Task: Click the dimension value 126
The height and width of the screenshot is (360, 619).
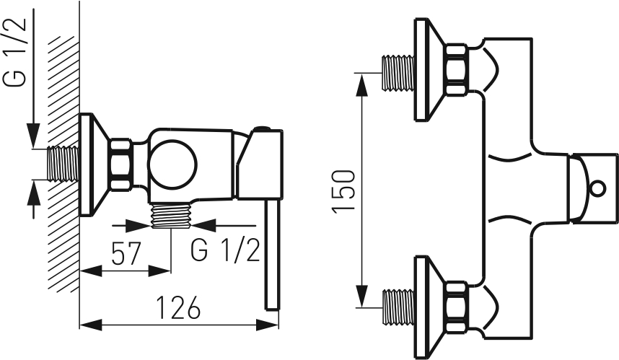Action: coord(177,309)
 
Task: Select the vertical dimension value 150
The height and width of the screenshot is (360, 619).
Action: coord(344,190)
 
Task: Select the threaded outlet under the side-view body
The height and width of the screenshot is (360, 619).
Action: coord(171,215)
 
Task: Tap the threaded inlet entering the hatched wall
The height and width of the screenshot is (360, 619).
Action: coord(62,164)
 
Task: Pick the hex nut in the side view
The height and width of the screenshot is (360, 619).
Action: coord(120,164)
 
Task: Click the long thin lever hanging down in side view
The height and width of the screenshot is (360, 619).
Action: coord(271,256)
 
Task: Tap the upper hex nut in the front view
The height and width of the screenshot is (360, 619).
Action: coord(455,70)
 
